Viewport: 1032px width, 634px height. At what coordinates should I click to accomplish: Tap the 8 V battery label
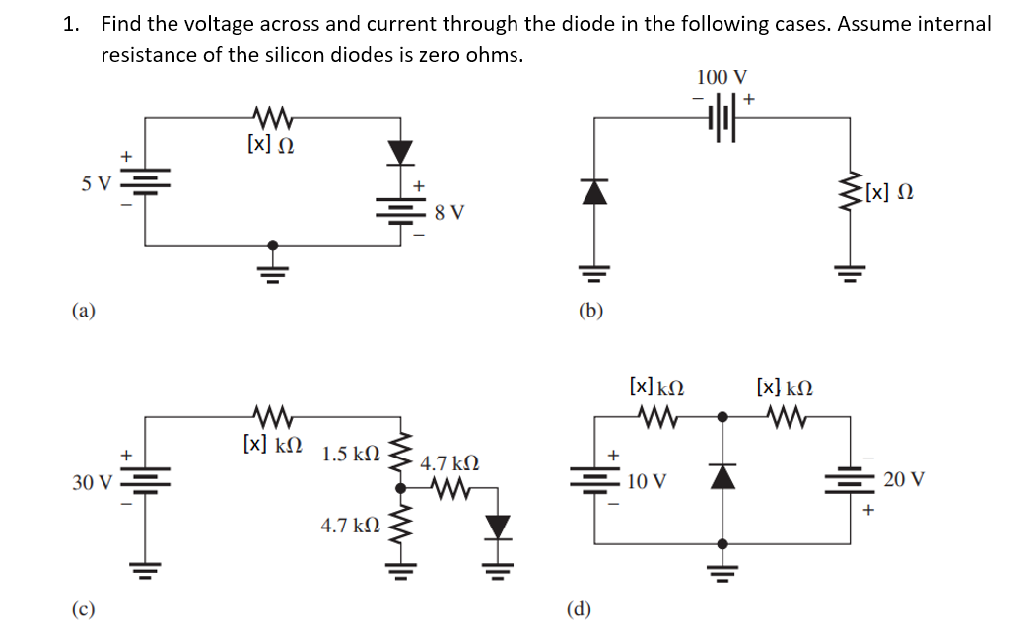coord(449,212)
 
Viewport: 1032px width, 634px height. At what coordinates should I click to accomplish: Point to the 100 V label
coord(722,77)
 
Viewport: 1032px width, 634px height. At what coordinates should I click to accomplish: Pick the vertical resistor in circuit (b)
coord(849,195)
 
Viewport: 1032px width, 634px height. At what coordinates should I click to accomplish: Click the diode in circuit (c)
coord(499,528)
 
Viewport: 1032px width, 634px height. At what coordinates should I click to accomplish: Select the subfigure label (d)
coord(580,607)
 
